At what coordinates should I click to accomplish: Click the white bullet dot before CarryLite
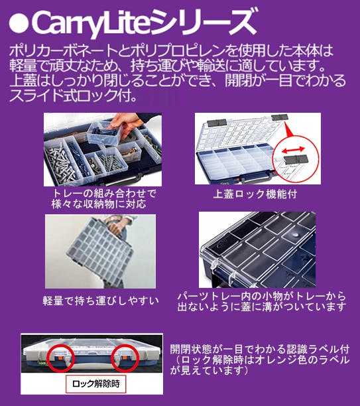(x=19, y=23)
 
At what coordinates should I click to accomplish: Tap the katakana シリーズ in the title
(x=204, y=21)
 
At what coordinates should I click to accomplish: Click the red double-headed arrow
(x=293, y=150)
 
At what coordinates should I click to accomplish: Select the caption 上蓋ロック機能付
(x=255, y=194)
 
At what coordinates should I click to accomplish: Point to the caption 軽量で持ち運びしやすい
(x=101, y=301)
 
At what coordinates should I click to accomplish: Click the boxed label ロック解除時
(x=95, y=383)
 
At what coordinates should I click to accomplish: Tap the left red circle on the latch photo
(x=60, y=358)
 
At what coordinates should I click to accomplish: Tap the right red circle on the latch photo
(x=125, y=358)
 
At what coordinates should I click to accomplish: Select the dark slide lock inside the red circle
(x=296, y=159)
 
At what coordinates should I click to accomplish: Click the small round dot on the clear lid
(x=296, y=235)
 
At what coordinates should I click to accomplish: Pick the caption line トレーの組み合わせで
(x=105, y=194)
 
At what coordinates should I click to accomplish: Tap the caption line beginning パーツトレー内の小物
(x=261, y=296)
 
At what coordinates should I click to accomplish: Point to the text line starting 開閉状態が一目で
(x=260, y=350)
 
